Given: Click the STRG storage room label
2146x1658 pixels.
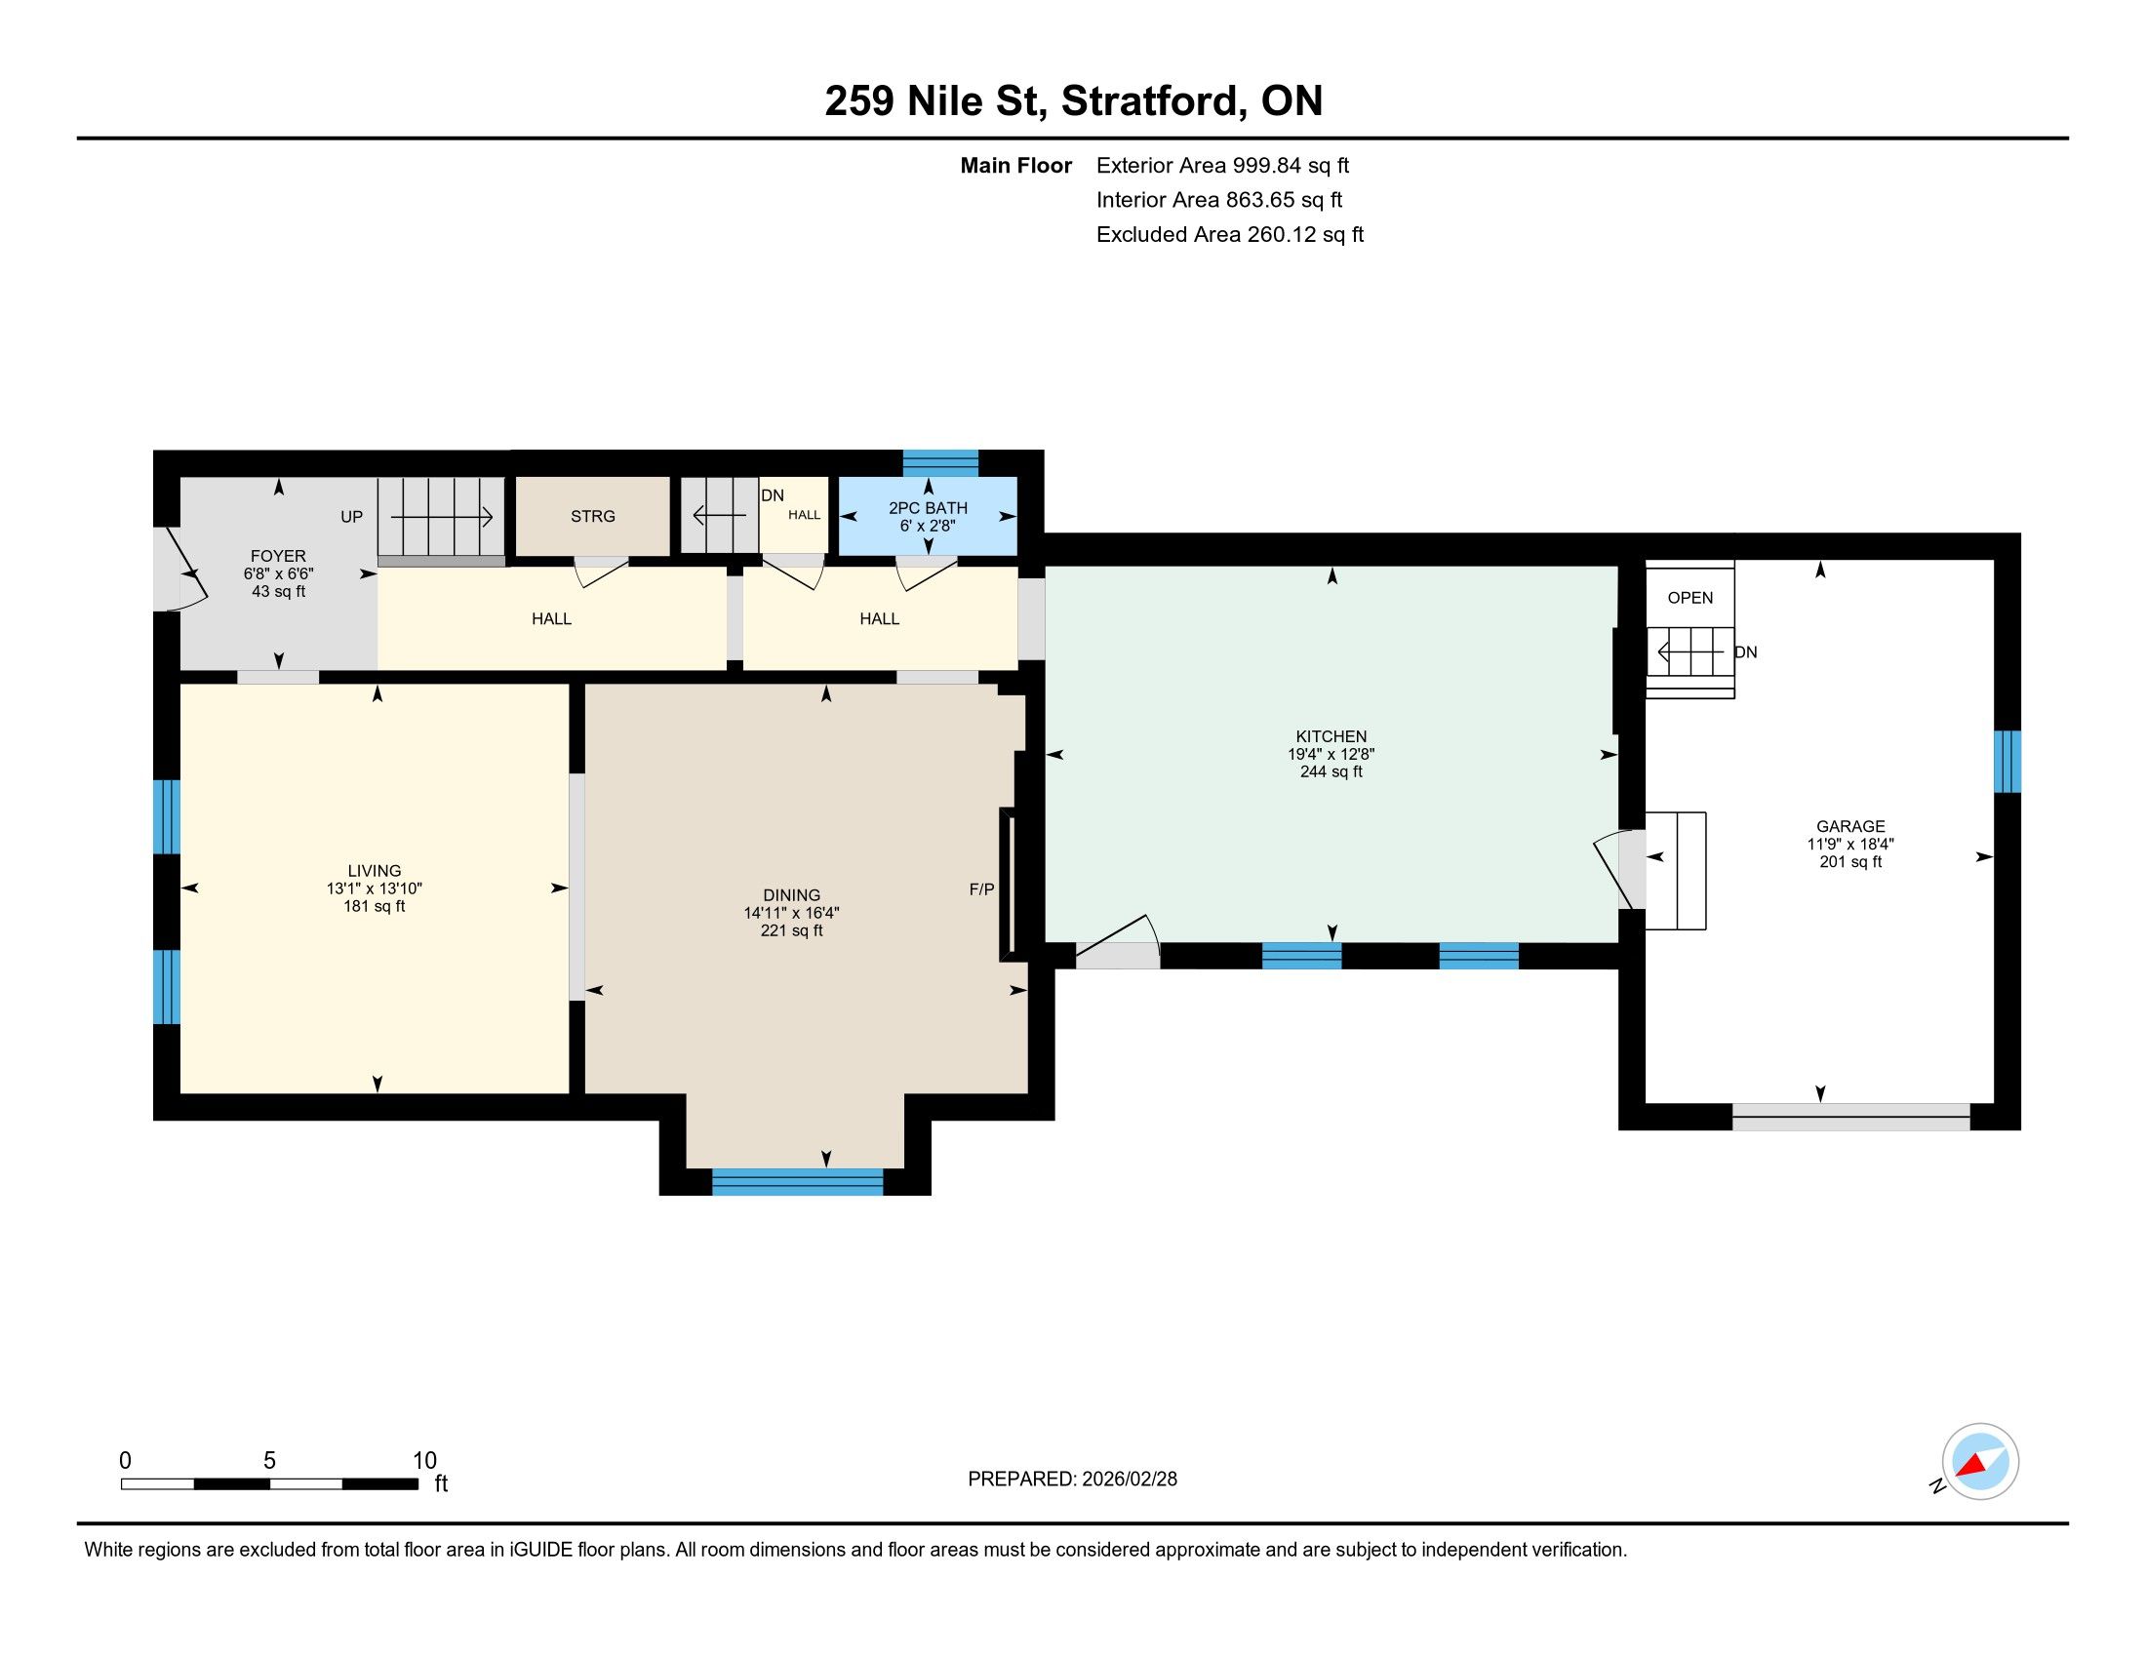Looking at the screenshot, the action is pyautogui.click(x=592, y=516).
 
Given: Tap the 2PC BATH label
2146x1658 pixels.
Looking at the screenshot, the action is pyautogui.click(x=928, y=508).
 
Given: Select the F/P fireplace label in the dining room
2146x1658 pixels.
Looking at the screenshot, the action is pyautogui.click(x=981, y=888).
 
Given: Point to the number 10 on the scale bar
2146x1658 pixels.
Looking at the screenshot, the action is pyautogui.click(x=424, y=1460).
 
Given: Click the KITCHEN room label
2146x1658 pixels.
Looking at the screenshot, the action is pyautogui.click(x=1331, y=735).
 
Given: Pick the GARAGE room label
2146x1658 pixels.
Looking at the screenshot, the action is pyautogui.click(x=1850, y=826).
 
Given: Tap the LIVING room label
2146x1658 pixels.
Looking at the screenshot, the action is pyautogui.click(x=375, y=870).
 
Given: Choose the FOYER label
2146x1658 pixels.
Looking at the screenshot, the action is pyautogui.click(x=278, y=556).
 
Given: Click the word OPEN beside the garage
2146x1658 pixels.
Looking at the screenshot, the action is pyautogui.click(x=1690, y=597).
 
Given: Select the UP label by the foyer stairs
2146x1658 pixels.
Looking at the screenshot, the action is pyautogui.click(x=352, y=517).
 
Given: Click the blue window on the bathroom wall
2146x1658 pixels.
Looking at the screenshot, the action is pyautogui.click(x=940, y=462).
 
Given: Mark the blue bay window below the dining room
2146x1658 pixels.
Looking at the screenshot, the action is pyautogui.click(x=797, y=1182).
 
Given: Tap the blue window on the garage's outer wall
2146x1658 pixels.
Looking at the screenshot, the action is pyautogui.click(x=2007, y=762).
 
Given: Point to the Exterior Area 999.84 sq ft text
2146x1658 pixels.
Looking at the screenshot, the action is pyautogui.click(x=1222, y=165).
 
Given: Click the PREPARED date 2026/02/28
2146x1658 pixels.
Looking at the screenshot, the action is pyautogui.click(x=1128, y=1479).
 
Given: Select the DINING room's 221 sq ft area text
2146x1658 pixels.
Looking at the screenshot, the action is pyautogui.click(x=791, y=930).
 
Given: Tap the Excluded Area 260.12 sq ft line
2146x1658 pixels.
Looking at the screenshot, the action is pyautogui.click(x=1230, y=234).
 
